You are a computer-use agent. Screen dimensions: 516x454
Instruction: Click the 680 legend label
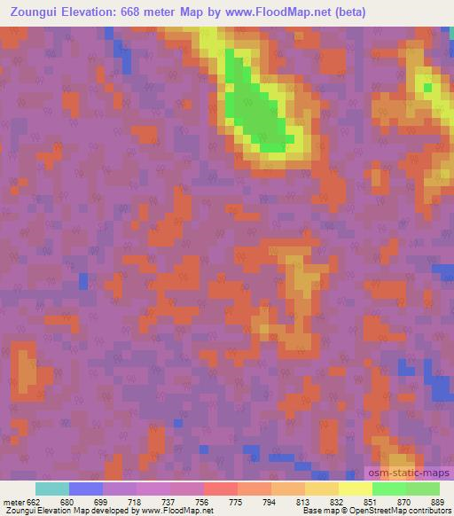[x=67, y=501]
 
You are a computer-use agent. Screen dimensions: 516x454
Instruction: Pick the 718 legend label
[x=135, y=501]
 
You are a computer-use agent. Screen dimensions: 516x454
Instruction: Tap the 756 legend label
[x=202, y=501]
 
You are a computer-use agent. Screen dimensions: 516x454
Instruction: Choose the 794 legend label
[x=270, y=501]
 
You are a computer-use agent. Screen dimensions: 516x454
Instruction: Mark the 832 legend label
[x=338, y=501]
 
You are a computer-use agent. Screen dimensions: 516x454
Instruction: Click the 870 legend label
[x=405, y=501]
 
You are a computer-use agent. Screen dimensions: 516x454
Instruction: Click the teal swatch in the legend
[x=51, y=489]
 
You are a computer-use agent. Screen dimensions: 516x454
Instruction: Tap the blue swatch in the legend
[x=85, y=489]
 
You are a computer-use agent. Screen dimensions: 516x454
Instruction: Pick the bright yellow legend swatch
[x=355, y=489]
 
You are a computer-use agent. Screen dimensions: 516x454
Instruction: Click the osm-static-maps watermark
[x=409, y=475]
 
